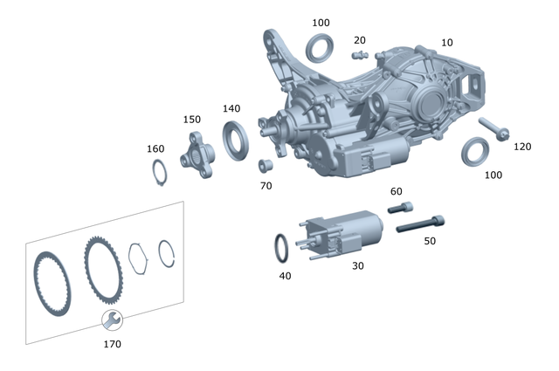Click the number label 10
tap(446, 43)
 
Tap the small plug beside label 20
tap(357, 56)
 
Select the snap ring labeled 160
tap(158, 172)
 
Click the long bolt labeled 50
tap(421, 224)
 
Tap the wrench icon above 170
tap(112, 320)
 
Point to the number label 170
tap(112, 344)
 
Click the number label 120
tap(521, 147)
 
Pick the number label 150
tap(192, 120)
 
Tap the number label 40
tap(285, 275)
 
